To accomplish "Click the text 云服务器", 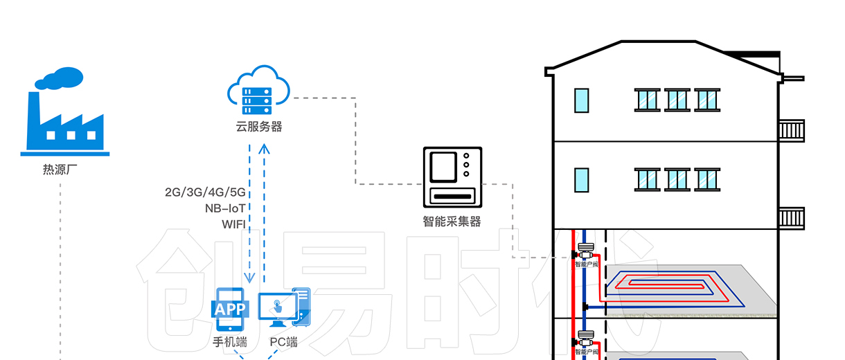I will pos(258,127).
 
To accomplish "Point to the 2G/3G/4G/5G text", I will pos(205,192).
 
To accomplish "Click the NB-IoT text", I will pos(225,208).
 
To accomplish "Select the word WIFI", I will pos(234,224).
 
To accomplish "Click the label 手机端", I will pos(229,342).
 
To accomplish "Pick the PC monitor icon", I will pos(280,309).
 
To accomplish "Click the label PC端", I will pos(283,342).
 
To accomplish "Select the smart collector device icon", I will pos(452,177).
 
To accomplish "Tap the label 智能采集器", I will pos(452,222).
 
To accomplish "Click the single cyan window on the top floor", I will pos(582,100).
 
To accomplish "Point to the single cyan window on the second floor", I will pos(582,180).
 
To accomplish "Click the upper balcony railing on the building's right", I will pos(792,130).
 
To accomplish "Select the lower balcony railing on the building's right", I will pos(792,217).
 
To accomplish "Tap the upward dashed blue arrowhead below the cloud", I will pos(264,150).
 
